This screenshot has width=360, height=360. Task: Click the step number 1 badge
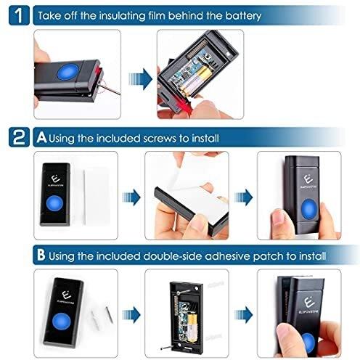click(x=19, y=15)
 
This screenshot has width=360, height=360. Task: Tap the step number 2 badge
click(x=19, y=137)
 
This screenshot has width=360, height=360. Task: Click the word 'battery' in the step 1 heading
click(x=243, y=16)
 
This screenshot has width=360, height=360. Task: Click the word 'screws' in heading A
click(x=159, y=139)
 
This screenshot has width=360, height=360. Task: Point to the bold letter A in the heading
click(x=41, y=138)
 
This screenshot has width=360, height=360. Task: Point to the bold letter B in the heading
click(x=41, y=255)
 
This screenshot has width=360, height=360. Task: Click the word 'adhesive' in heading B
click(x=228, y=256)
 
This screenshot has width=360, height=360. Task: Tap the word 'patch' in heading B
click(x=268, y=257)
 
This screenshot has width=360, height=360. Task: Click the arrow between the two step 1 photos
click(x=140, y=79)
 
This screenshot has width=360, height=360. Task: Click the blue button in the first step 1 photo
click(x=68, y=71)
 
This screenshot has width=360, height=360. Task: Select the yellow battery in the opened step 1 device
click(x=195, y=81)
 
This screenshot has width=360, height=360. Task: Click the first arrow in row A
click(x=131, y=197)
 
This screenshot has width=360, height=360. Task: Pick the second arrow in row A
click(x=243, y=197)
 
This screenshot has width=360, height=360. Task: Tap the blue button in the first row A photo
click(x=54, y=203)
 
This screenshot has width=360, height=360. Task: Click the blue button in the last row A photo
click(x=308, y=209)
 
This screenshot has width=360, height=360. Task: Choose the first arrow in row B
click(x=131, y=315)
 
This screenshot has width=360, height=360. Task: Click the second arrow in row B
click(x=243, y=314)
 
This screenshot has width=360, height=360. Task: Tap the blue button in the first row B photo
click(x=62, y=322)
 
